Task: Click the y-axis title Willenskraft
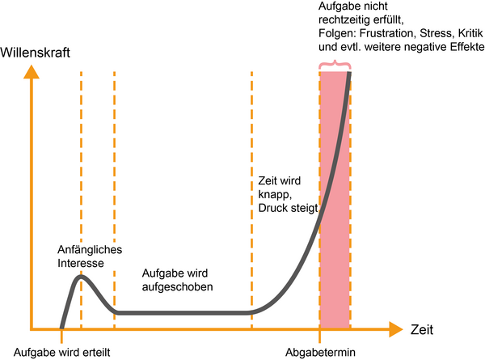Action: click(x=35, y=53)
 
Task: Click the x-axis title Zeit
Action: click(x=422, y=330)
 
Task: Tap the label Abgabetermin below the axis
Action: click(x=320, y=352)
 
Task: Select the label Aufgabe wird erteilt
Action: click(x=62, y=352)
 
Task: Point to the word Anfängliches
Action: click(x=90, y=249)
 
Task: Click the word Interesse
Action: click(x=80, y=263)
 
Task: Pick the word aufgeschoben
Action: click(x=177, y=286)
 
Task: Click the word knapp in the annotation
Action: click(x=274, y=195)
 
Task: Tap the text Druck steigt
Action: click(x=288, y=208)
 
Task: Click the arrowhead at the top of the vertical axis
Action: click(x=32, y=71)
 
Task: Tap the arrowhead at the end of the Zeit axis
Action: click(x=396, y=329)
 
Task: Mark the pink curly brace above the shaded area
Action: click(x=335, y=65)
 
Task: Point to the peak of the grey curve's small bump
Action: click(x=81, y=277)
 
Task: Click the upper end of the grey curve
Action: click(x=349, y=73)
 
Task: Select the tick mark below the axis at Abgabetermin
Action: click(x=320, y=337)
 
